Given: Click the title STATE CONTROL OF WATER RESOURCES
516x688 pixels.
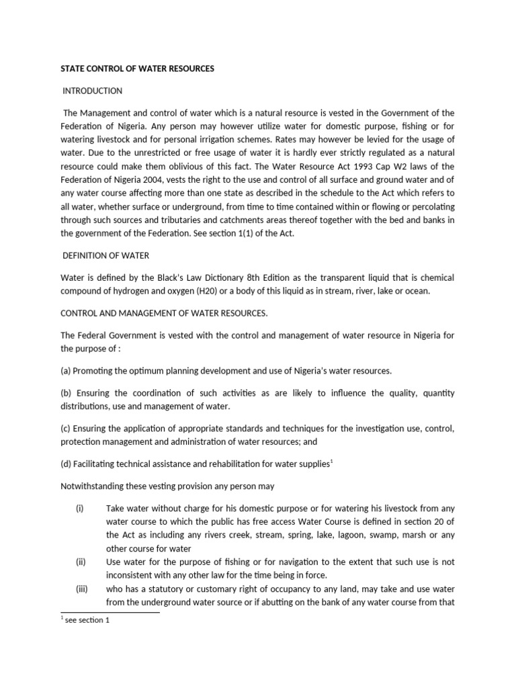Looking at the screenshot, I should pyautogui.click(x=138, y=69).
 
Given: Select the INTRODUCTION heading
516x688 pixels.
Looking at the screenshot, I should pyautogui.click(x=92, y=91).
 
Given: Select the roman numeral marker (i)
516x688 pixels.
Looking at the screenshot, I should pyautogui.click(x=79, y=508).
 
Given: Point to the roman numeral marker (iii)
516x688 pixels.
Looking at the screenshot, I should pyautogui.click(x=81, y=589).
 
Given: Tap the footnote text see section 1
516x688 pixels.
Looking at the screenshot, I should pyautogui.click(x=87, y=620).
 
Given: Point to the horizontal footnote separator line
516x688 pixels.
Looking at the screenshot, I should pyautogui.click(x=110, y=612).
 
